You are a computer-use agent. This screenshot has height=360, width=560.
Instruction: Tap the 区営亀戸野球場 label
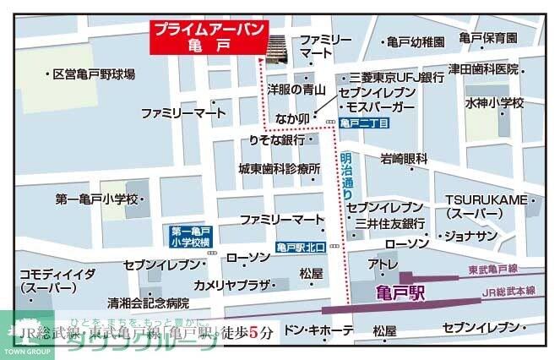(93, 74)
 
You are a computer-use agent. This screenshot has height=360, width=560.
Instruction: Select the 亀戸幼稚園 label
(414, 41)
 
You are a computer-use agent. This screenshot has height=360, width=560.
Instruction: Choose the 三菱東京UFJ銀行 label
(397, 77)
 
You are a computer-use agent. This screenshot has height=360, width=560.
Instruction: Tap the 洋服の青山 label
(297, 87)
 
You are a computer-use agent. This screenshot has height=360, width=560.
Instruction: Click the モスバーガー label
(379, 108)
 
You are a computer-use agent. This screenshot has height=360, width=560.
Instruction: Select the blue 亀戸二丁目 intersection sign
(364, 123)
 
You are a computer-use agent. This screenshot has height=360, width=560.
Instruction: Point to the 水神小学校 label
(494, 103)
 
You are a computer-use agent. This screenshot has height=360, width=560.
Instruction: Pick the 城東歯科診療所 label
(280, 169)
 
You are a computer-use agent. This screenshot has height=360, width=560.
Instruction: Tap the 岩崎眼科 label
(404, 158)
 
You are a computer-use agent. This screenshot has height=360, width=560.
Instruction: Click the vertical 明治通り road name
(347, 176)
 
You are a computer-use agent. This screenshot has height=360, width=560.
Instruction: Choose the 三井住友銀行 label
(389, 224)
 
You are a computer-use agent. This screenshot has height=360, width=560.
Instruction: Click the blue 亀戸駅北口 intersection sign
(301, 248)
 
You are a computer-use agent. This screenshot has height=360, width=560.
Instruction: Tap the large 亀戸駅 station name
(398, 293)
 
